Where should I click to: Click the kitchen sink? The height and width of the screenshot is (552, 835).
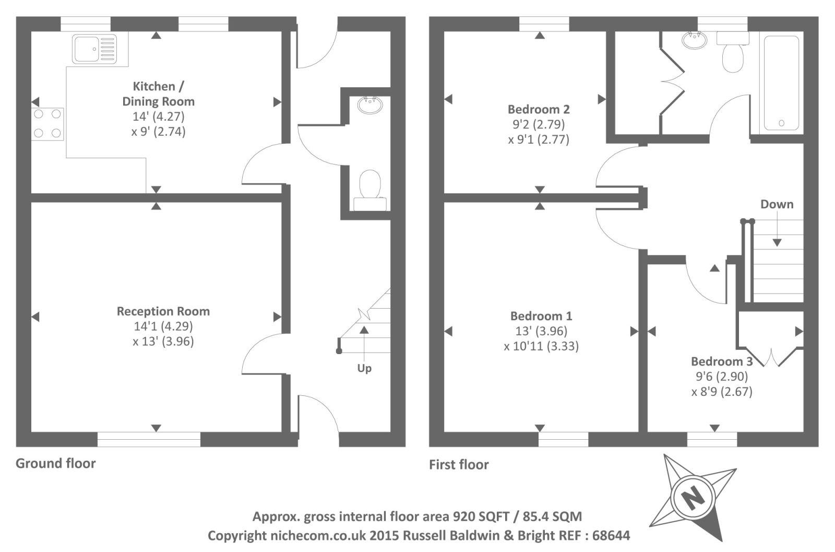coord(94,49)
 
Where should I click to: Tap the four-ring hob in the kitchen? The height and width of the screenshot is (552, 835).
coord(47,124)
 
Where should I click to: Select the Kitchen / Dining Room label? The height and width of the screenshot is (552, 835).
coord(159,93)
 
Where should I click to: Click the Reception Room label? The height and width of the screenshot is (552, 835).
coord(163,311)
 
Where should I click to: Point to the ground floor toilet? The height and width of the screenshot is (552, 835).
coord(370,190)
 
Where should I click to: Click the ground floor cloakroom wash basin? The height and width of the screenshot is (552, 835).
coord(370,105)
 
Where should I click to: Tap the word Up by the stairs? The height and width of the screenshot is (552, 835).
coord(364,369)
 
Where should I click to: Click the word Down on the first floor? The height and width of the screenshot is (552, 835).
coord(777,204)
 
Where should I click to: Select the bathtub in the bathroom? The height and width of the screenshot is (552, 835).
coord(781,83)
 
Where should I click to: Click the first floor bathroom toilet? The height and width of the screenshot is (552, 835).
coord(733,52)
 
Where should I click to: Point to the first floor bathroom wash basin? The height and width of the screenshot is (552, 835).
coord(695,40)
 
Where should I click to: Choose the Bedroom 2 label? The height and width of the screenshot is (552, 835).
coord(539,109)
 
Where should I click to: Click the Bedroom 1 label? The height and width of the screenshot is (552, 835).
coord(541,316)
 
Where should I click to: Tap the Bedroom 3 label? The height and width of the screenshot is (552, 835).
coord(722,361)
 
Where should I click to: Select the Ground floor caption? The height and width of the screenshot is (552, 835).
coord(55,463)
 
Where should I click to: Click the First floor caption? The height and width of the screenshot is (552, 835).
coord(459,464)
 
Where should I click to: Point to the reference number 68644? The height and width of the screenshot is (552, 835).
coord(611,535)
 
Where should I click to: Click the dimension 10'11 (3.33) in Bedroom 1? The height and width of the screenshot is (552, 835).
coord(541,346)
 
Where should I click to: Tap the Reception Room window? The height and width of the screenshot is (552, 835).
coord(149,439)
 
